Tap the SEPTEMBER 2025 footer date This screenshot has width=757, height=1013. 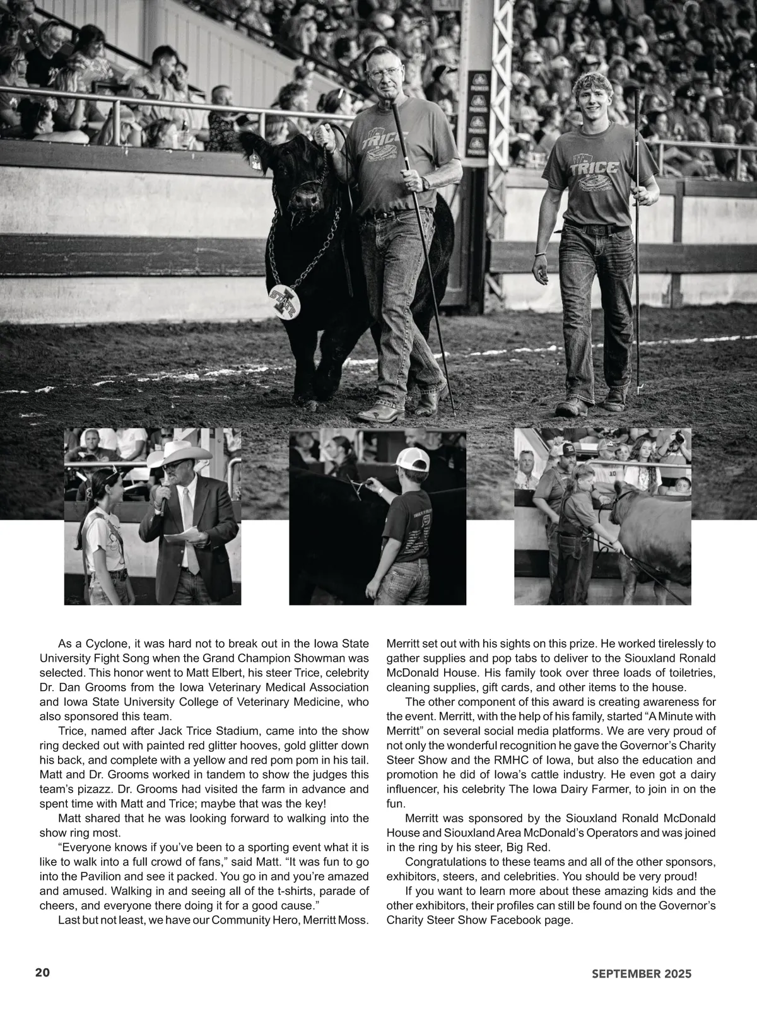(x=642, y=973)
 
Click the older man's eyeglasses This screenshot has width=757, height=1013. (x=385, y=72)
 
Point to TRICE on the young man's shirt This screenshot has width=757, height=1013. (x=585, y=168)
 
